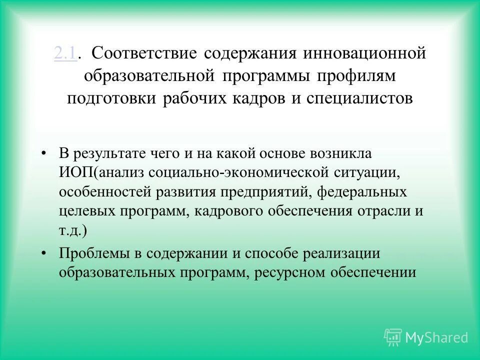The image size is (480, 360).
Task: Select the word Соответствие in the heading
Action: pos(146,53)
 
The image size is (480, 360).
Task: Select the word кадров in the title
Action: pos(258,98)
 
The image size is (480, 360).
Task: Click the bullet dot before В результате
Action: pos(45,153)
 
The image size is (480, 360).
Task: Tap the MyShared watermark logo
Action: pos(426,337)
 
